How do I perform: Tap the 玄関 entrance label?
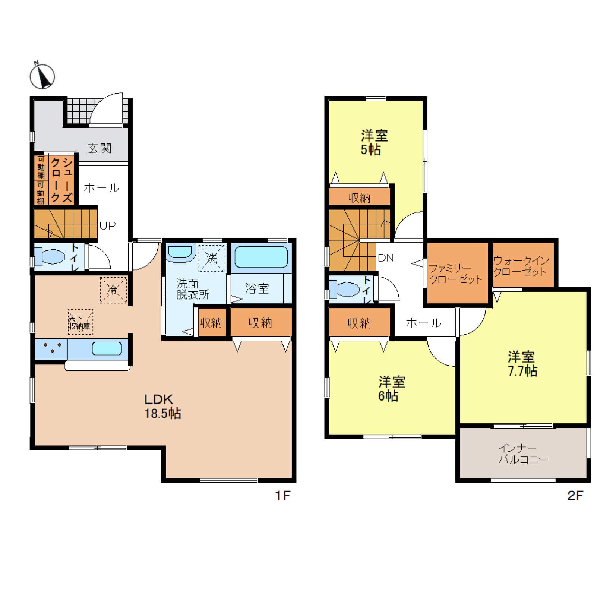(99, 148)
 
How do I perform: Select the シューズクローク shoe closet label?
(61, 180)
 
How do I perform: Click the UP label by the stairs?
(107, 225)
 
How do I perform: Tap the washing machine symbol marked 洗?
(211, 258)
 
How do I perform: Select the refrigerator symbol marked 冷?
(113, 290)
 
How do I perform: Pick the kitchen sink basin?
(107, 348)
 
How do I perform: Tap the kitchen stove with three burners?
(51, 349)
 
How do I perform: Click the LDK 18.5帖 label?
(162, 406)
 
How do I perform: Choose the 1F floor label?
(282, 495)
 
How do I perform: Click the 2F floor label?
(575, 495)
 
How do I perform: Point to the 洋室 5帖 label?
(374, 142)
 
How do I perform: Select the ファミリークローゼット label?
(455, 274)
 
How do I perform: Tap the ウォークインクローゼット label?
(521, 266)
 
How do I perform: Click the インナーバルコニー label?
(523, 454)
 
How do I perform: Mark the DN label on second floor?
(386, 257)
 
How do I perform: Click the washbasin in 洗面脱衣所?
(180, 252)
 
